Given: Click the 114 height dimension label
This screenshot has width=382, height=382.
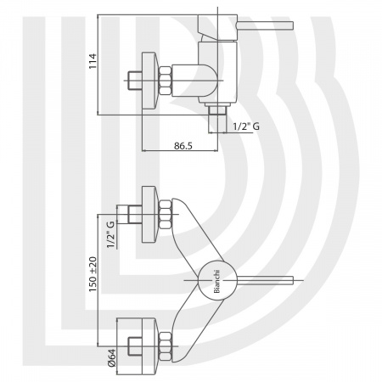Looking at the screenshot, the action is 93,61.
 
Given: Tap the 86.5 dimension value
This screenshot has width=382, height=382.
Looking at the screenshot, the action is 183,146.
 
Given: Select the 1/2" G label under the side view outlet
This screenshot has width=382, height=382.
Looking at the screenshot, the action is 246,126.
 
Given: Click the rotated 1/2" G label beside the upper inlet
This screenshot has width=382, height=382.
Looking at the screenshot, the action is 110,234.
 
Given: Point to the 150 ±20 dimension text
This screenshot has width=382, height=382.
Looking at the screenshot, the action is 93,274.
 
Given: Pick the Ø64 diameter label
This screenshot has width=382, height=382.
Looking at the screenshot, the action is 112,358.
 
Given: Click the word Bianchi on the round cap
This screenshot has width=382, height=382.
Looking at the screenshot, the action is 216,281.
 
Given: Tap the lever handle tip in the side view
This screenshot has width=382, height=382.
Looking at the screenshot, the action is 291,25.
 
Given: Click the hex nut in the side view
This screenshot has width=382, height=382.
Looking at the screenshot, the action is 166,81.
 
